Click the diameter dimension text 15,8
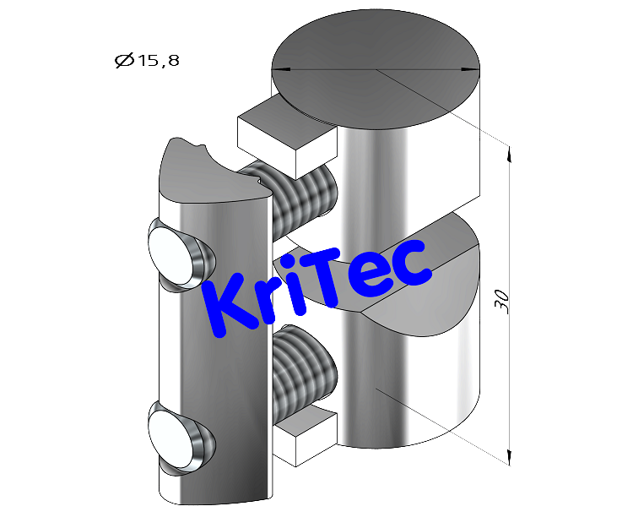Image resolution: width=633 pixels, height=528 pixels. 156,61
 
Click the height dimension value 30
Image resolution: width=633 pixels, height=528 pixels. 503,302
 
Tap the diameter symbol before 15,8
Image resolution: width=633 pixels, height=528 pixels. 122,61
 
